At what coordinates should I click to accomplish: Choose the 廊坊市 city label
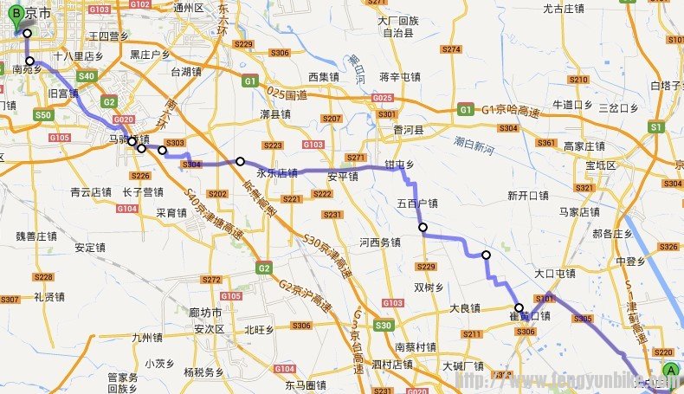tap(205, 312)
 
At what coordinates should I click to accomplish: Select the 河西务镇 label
tap(380, 242)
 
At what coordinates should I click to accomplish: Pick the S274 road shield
tap(451, 49)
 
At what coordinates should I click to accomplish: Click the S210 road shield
tap(578, 79)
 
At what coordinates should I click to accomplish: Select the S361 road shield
tap(546, 143)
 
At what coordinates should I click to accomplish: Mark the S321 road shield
tap(585, 187)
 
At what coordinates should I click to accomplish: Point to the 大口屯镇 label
tap(555, 274)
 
